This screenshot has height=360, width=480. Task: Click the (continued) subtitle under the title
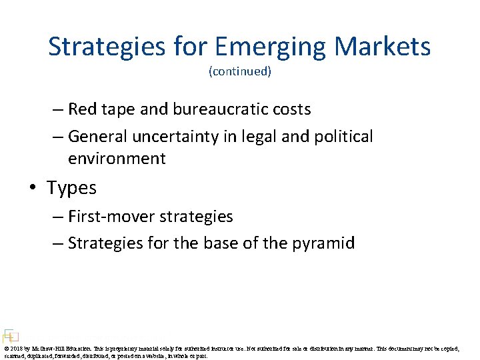pyautogui.click(x=240, y=71)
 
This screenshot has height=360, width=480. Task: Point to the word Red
pyautogui.click(x=82, y=109)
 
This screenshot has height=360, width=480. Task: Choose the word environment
pyautogui.click(x=117, y=159)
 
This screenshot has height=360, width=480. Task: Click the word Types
pyautogui.click(x=71, y=189)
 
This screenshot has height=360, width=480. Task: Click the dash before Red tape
pyautogui.click(x=58, y=109)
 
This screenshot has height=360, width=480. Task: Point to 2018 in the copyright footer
pyautogui.click(x=16, y=349)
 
